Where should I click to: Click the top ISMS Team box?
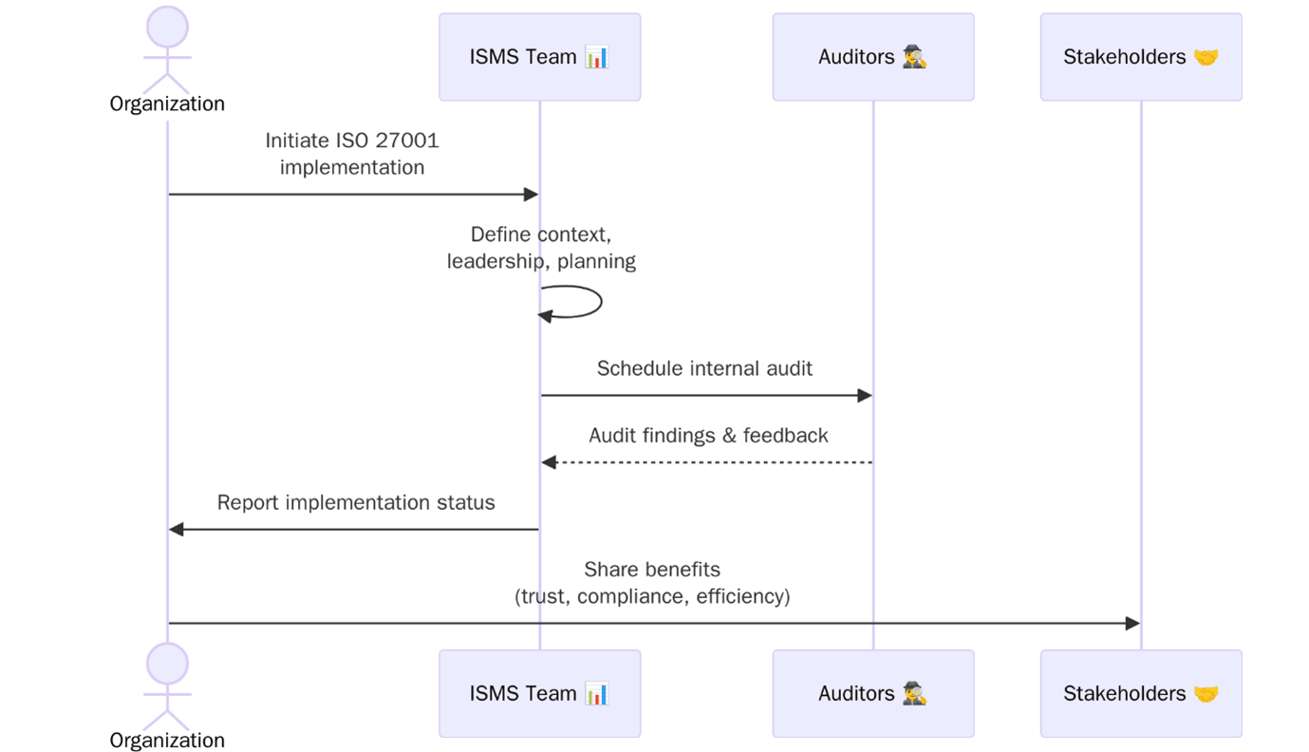tap(539, 57)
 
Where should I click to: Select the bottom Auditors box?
tap(872, 693)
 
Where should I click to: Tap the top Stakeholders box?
tap(1140, 57)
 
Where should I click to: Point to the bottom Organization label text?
tap(167, 740)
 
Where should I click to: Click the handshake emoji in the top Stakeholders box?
tap(1206, 57)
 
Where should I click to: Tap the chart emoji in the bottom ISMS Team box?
tap(596, 693)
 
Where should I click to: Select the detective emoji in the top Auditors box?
tap(915, 57)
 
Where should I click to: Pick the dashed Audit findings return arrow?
tap(706, 462)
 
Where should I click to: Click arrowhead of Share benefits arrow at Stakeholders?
tap(1132, 624)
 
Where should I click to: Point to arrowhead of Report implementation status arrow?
tap(177, 529)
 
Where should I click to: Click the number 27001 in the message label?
tap(406, 141)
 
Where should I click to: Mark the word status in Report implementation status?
tap(466, 502)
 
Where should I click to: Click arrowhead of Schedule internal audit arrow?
tap(865, 395)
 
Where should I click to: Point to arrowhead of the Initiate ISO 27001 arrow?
tap(532, 195)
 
